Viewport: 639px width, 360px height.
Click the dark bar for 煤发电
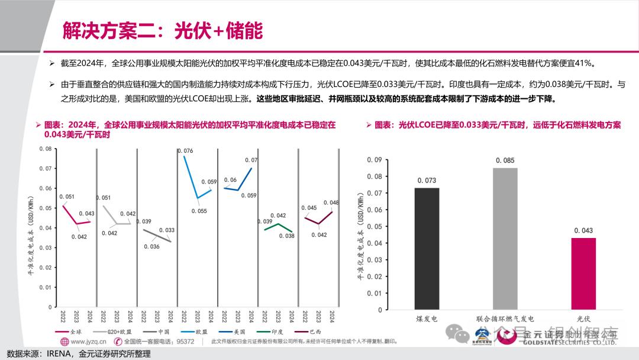pos(427,249)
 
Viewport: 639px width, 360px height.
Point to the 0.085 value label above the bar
pos(505,160)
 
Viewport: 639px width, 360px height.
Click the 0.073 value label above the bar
pos(427,181)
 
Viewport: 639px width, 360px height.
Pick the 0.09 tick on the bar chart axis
pos(374,159)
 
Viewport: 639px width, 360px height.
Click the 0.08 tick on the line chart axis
pos(45,149)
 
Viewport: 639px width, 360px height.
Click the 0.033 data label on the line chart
pos(167,230)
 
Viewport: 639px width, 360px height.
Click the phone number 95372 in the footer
pos(186,342)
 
